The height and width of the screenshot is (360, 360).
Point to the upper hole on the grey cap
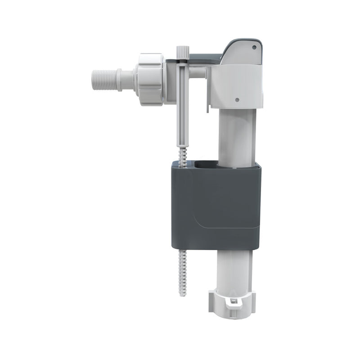click(254, 46)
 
